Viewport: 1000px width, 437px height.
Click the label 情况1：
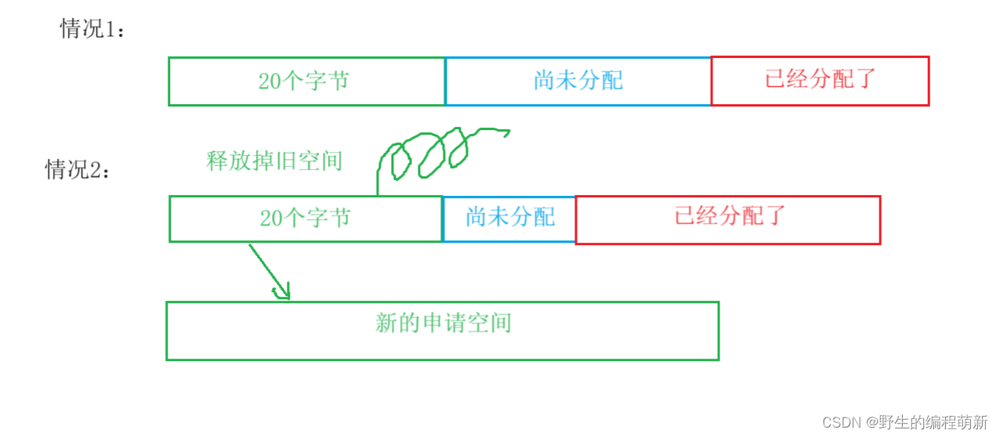coord(92,29)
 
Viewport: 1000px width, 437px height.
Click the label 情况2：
coord(77,169)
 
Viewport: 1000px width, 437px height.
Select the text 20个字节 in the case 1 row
coord(303,81)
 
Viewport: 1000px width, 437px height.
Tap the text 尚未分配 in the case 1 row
coord(578,80)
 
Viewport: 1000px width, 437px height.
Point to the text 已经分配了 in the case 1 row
coord(820,78)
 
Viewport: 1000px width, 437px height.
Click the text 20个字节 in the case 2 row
coord(305,218)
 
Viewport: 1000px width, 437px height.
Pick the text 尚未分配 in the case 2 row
coord(510,217)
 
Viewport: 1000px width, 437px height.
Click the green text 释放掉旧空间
coord(274,161)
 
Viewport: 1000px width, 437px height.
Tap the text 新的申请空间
coord(443,323)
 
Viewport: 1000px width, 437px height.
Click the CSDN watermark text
coord(842,422)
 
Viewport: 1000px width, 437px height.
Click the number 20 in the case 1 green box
coord(270,81)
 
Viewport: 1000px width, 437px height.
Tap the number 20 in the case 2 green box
coord(271,218)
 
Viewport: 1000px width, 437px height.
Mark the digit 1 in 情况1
coord(111,30)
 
